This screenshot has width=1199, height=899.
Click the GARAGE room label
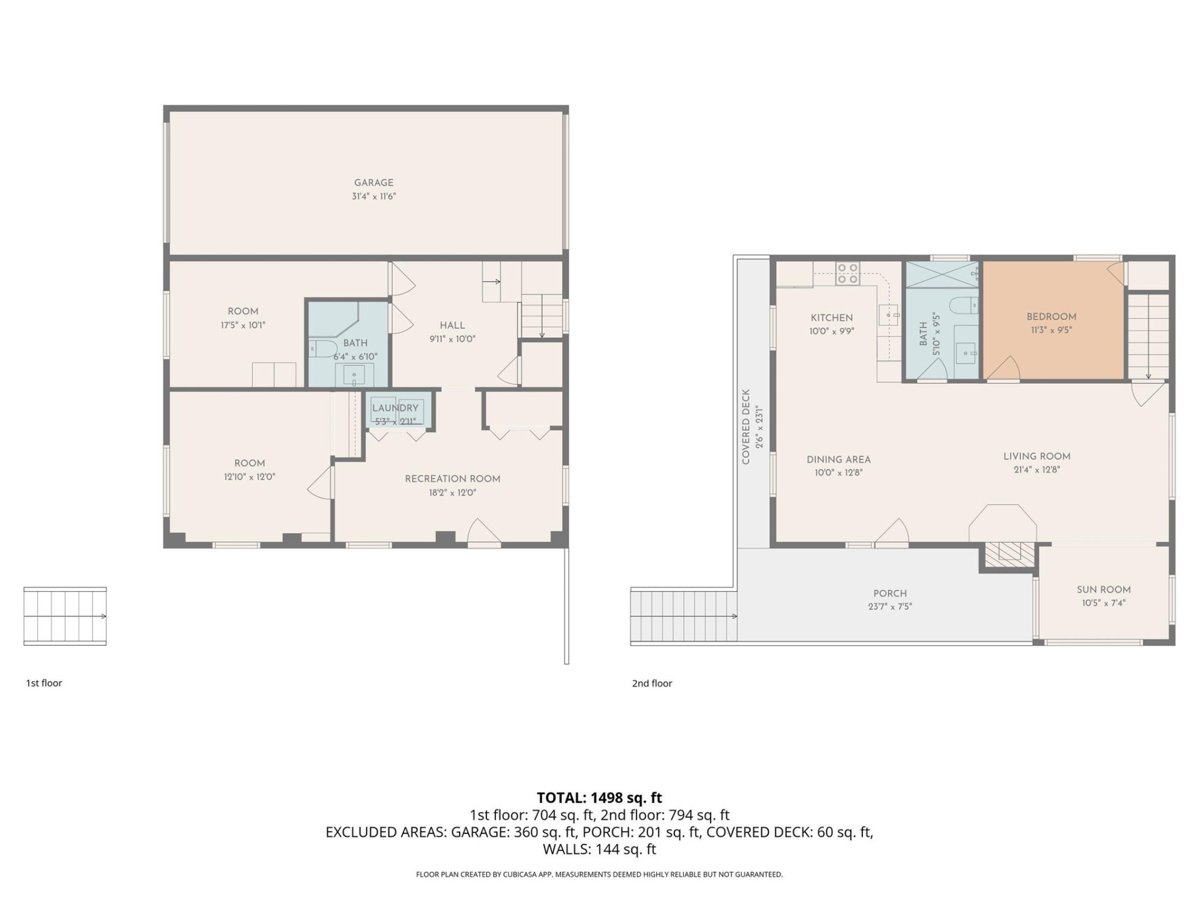point(373,182)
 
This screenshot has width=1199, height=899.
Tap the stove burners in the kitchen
point(847,273)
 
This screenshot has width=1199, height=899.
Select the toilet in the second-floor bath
point(962,306)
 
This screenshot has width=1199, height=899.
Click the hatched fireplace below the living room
point(1007,552)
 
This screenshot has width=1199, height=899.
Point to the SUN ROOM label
point(1103,589)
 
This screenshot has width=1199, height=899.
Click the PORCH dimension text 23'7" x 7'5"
point(890,606)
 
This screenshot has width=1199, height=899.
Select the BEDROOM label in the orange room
point(1051,317)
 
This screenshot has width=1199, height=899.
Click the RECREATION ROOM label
point(452,479)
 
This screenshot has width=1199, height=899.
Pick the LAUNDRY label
point(395,408)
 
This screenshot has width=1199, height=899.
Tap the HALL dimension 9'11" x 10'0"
point(452,339)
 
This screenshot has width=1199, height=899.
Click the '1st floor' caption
point(44,683)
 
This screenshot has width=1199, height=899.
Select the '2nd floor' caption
point(652,683)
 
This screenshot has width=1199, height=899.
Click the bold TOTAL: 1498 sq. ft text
point(599,798)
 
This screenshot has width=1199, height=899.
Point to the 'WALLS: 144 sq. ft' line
point(599,849)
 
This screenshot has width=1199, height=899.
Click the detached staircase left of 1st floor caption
point(65,616)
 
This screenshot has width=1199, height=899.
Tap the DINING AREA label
point(838,459)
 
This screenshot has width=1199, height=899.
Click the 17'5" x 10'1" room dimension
point(243,325)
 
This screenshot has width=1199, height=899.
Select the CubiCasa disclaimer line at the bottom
point(599,875)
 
